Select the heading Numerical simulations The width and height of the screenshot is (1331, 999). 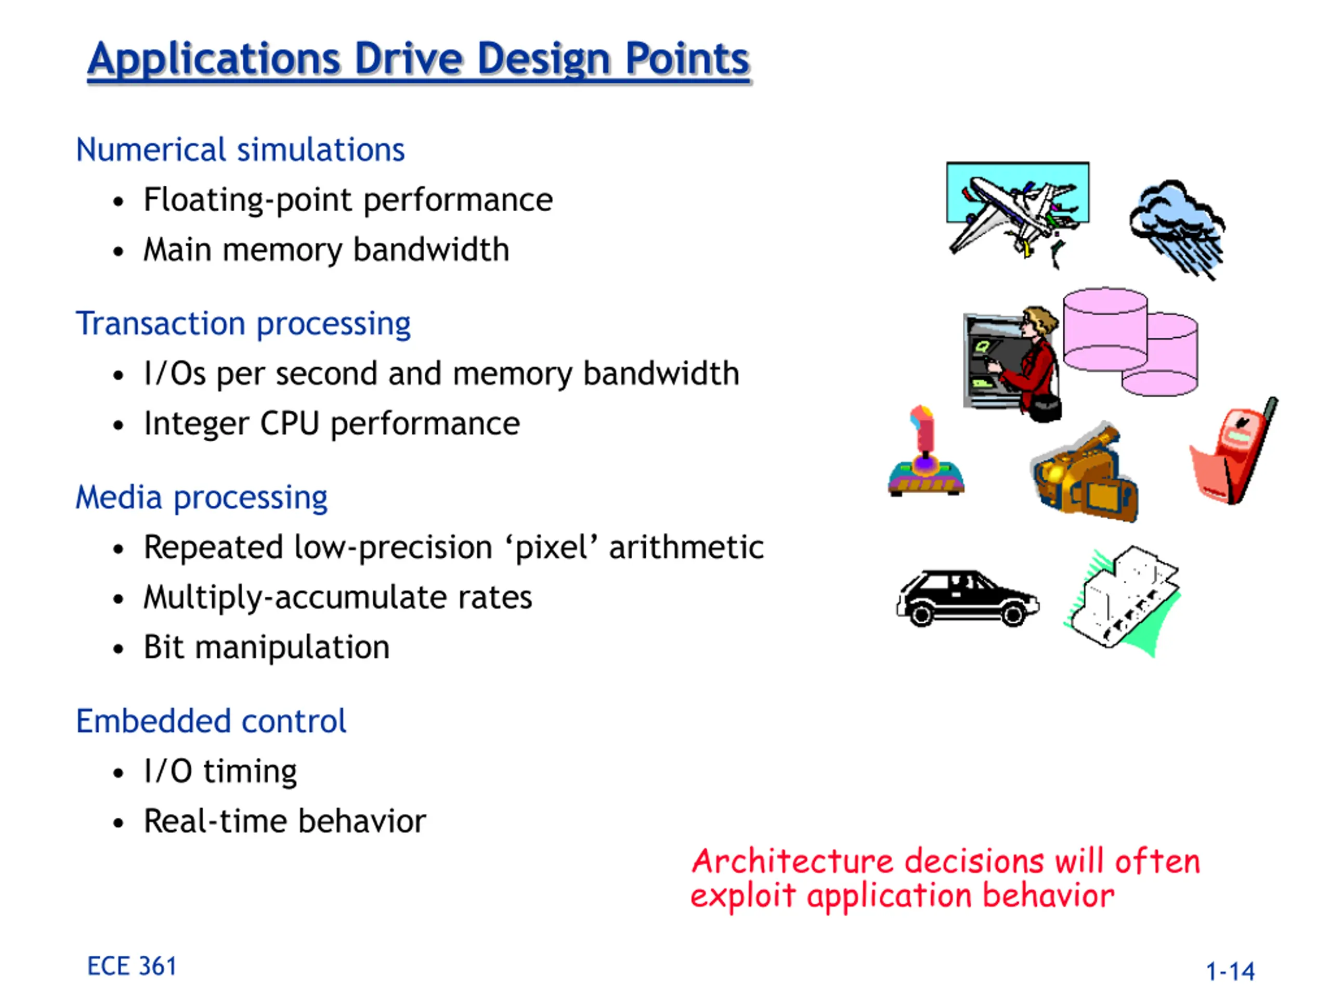(240, 149)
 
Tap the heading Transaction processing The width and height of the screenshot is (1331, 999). (243, 324)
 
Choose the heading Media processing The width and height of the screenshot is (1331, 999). (202, 498)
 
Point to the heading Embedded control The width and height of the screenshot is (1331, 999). (211, 721)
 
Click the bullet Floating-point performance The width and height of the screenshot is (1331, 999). (348, 200)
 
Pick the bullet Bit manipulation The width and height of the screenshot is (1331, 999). (267, 647)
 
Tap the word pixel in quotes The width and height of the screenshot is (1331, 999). (552, 548)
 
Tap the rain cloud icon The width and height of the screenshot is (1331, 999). (1178, 229)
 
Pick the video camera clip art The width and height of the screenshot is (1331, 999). (1084, 471)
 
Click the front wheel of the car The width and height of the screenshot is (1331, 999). (1012, 614)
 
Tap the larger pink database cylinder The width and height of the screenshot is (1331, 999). (1105, 329)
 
